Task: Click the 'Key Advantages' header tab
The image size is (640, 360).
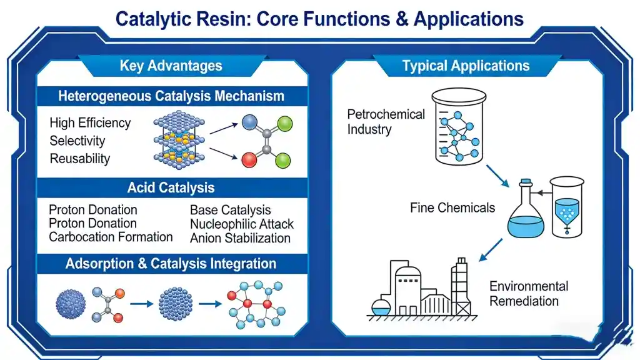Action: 171,66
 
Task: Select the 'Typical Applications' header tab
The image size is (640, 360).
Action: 466,66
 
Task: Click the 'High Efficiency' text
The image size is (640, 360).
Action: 90,122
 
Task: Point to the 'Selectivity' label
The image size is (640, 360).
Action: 77,141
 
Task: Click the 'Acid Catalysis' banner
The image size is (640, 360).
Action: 171,187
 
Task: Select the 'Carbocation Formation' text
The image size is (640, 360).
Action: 111,237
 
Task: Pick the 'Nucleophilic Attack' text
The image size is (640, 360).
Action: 241,224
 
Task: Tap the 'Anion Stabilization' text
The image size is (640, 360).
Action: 240,238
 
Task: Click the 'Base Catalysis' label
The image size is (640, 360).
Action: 230,210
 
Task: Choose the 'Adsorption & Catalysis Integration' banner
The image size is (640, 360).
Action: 171,263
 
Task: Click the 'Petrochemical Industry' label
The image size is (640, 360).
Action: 386,122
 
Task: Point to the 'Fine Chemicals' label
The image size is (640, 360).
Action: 452,207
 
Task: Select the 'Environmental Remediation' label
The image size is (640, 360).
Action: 529,293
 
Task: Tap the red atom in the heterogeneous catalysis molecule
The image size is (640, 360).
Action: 249,159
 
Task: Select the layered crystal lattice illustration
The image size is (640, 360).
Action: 179,141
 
